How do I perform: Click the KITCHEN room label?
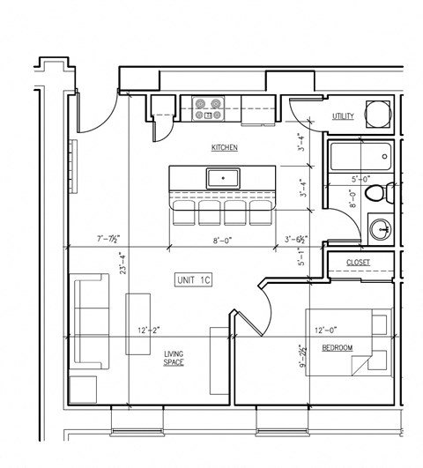tap(223, 148)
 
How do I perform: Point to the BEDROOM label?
tap(337, 349)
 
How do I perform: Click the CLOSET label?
tap(357, 262)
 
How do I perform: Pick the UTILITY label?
tap(343, 116)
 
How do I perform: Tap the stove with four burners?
tap(209, 108)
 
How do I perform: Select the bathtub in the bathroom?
tap(360, 160)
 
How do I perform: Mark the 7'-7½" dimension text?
tap(108, 239)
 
